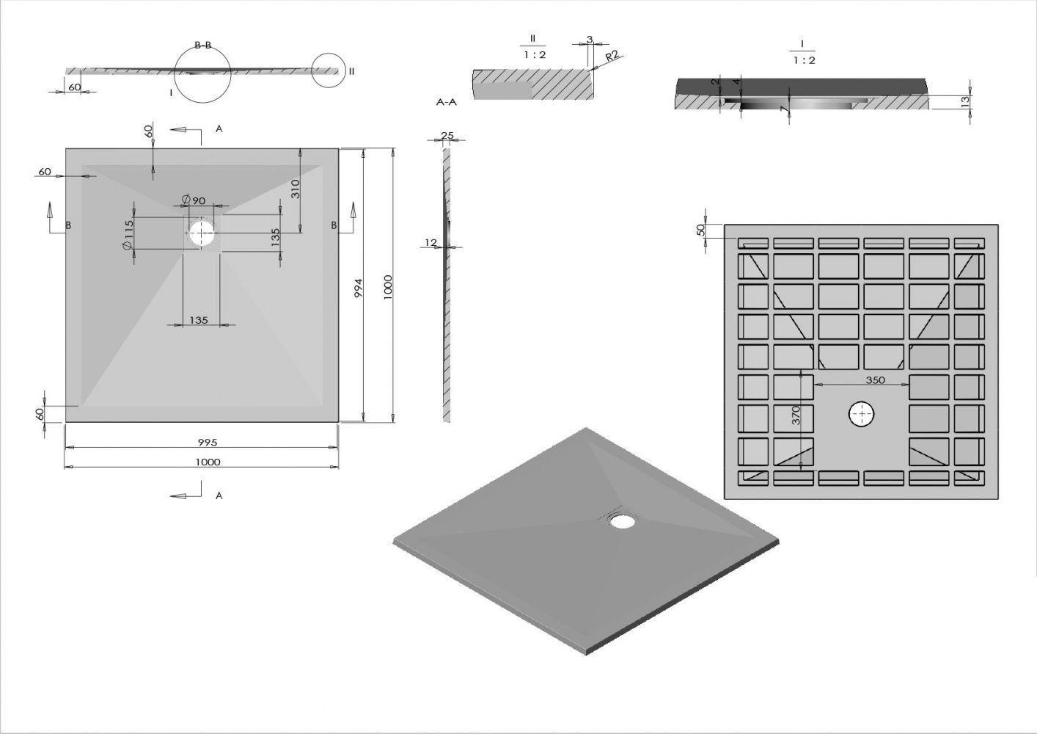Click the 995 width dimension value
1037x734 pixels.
208,442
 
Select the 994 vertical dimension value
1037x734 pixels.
359,288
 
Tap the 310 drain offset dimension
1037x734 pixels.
296,189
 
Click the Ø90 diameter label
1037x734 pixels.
194,200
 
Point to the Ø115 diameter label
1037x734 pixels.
128,236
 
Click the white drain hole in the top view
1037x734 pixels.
202,233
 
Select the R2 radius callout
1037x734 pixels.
612,56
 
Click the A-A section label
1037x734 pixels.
447,102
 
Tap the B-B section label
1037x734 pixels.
202,45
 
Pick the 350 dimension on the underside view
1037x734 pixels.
875,380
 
